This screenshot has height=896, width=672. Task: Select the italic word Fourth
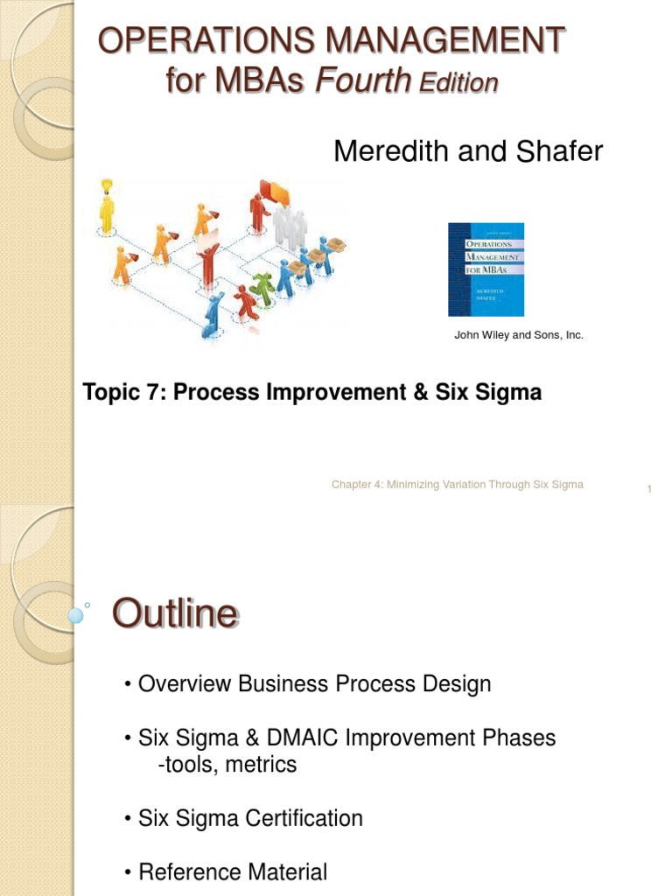tap(362, 81)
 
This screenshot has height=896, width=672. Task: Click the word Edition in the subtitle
tap(458, 83)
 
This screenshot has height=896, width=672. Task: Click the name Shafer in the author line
tap(559, 151)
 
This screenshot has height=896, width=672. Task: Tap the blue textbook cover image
tap(486, 269)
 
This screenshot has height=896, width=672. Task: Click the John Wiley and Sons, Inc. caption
tap(519, 335)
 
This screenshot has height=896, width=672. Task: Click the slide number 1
tap(649, 489)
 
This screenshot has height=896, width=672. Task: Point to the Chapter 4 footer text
tap(457, 485)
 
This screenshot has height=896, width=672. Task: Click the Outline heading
tap(174, 614)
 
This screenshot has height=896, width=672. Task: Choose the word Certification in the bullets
tap(303, 819)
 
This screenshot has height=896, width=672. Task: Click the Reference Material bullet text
tap(233, 872)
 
